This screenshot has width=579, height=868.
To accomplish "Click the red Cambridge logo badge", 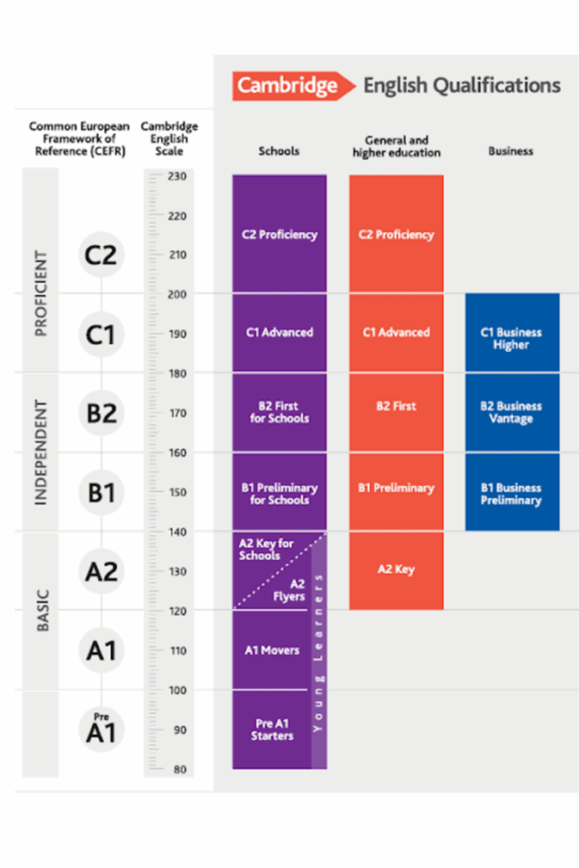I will point(286,86).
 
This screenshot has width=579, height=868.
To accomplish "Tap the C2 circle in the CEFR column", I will point(101,254).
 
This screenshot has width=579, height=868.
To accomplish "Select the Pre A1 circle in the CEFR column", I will point(101,730).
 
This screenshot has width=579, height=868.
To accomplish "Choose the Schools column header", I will point(279,151).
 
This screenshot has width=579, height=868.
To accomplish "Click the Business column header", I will point(510,151).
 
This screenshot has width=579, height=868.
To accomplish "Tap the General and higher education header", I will point(396,146).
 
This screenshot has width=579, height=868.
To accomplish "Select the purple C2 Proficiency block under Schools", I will point(279,235).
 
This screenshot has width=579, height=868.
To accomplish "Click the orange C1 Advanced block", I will point(396,332).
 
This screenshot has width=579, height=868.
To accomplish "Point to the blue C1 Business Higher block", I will point(511,338).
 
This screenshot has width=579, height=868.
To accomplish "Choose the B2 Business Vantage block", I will point(511,412).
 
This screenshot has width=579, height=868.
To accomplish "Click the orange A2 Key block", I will point(396,570).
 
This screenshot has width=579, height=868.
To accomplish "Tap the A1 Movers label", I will point(272,650).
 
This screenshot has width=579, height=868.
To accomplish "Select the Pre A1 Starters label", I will point(272,730).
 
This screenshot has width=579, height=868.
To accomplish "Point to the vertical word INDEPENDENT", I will point(41,452).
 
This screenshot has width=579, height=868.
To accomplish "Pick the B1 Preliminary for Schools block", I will point(279,493).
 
